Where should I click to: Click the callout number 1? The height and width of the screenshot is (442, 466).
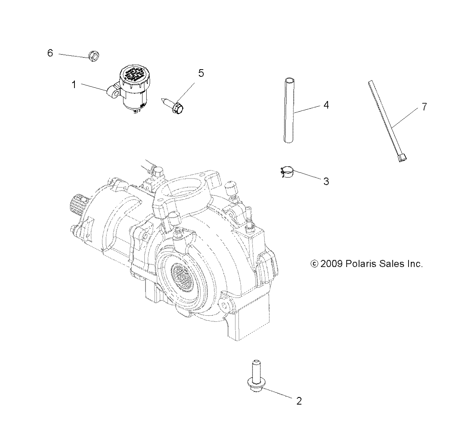pyautogui.click(x=74, y=85)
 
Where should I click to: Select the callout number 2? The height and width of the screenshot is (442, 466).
pyautogui.click(x=299, y=401)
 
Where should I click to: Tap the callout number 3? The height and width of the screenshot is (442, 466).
pyautogui.click(x=326, y=181)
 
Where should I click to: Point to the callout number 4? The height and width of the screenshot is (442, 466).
pyautogui.click(x=326, y=105)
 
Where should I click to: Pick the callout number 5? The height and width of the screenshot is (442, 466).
pyautogui.click(x=201, y=73)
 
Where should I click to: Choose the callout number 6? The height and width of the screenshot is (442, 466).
pyautogui.click(x=50, y=53)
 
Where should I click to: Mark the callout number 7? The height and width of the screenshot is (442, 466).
pyautogui.click(x=424, y=107)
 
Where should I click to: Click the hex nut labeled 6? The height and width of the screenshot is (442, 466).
pyautogui.click(x=93, y=56)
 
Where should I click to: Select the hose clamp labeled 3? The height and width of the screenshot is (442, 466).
pyautogui.click(x=286, y=172)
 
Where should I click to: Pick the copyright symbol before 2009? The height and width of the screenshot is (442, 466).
pyautogui.click(x=314, y=264)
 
